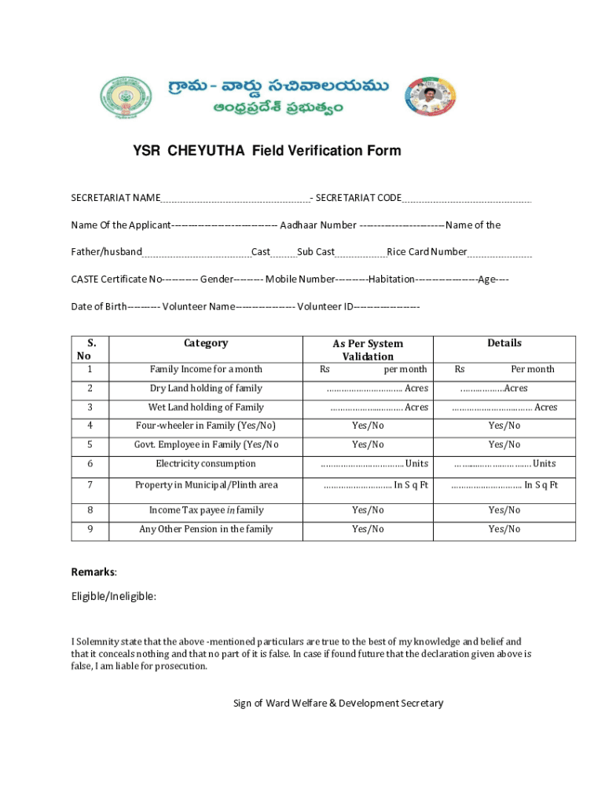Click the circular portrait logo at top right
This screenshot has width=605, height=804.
(429, 97)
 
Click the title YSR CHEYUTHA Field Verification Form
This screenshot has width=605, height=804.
(266, 151)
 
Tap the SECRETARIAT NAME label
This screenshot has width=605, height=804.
(115, 198)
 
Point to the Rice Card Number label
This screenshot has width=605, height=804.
(427, 252)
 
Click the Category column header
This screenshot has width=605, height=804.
(206, 343)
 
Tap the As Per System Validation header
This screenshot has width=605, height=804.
(368, 350)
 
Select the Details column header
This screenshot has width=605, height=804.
(504, 343)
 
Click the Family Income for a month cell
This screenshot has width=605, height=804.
(206, 369)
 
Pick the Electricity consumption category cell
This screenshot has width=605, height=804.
(206, 463)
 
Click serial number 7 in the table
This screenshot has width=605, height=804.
(90, 485)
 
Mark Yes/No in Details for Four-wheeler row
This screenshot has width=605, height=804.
(504, 426)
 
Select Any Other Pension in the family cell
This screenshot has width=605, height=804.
(206, 529)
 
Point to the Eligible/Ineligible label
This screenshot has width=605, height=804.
(113, 597)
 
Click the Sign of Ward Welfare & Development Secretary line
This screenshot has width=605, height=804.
(338, 703)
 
